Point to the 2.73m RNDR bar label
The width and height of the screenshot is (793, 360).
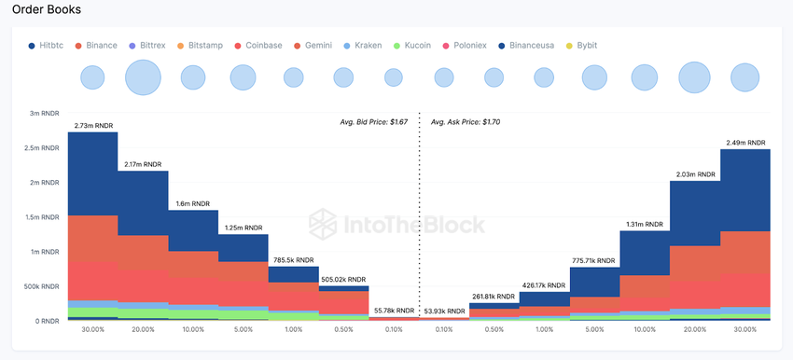pyautogui.click(x=93, y=125)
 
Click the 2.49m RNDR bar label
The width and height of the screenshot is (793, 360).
pyautogui.click(x=745, y=143)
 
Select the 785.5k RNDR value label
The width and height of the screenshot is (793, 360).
pyautogui.click(x=294, y=260)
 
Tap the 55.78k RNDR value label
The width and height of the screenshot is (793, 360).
pyautogui.click(x=394, y=310)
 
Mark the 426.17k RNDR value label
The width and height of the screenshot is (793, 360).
pyautogui.click(x=544, y=284)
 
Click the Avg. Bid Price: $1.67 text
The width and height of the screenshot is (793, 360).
pyautogui.click(x=373, y=121)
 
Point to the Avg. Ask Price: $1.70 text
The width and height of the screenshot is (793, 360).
pyautogui.click(x=466, y=121)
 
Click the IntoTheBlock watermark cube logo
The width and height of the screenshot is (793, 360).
pyautogui.click(x=324, y=224)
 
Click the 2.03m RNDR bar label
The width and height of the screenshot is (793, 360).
pyautogui.click(x=695, y=174)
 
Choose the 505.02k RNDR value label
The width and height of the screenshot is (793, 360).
pyautogui.click(x=344, y=279)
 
